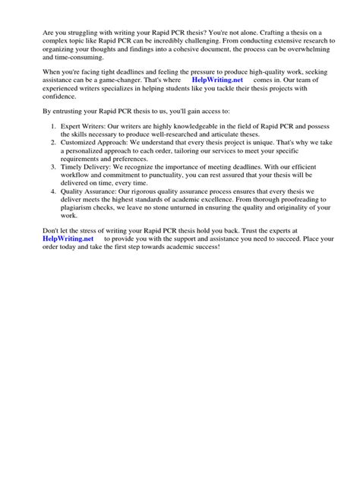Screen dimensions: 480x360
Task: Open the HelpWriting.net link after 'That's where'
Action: tap(219, 80)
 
